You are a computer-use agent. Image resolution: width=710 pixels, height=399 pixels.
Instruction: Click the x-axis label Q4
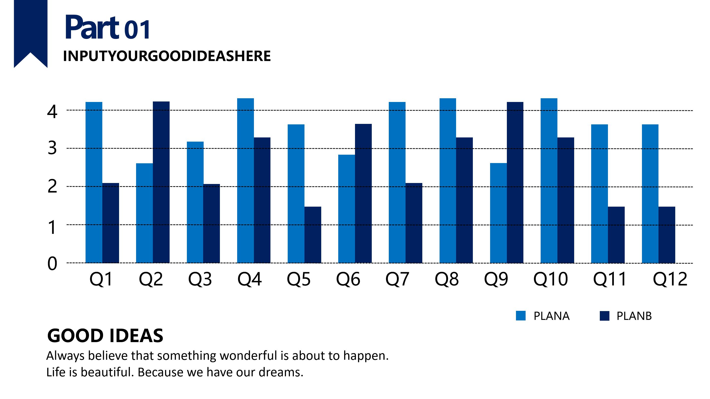coord(249,279)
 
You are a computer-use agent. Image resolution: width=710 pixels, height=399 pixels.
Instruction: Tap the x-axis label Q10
coord(550,279)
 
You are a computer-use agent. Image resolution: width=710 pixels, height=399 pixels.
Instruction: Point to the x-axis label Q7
coord(397,279)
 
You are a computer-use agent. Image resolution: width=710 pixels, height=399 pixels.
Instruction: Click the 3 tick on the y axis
coord(52,148)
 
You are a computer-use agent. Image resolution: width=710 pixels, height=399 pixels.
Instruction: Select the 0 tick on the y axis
coord(52,263)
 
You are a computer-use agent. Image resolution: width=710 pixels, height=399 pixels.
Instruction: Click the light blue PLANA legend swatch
coord(521,316)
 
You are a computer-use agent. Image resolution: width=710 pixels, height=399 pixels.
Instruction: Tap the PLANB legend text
coord(634,316)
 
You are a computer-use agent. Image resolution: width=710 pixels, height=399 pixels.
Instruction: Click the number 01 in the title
coord(137,30)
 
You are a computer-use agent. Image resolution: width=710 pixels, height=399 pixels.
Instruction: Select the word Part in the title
coord(92,28)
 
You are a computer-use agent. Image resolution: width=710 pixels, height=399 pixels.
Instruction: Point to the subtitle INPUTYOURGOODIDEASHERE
coord(167,56)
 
